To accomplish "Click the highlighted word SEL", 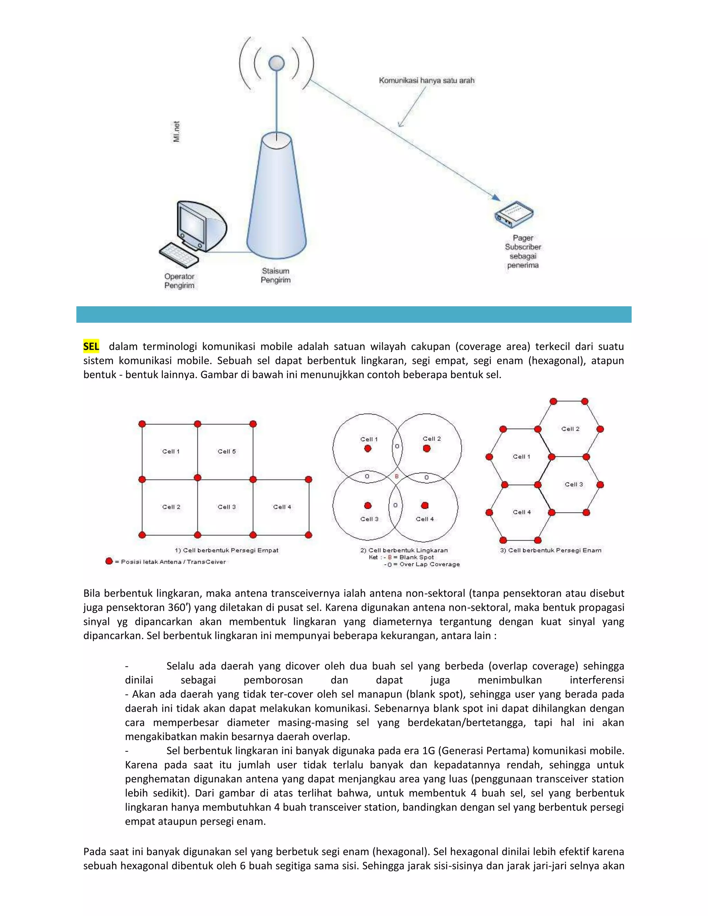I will click(x=91, y=346).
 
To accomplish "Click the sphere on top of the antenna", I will click(x=277, y=63).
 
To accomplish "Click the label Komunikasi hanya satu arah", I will click(x=427, y=80).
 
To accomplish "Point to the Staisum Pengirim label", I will click(x=276, y=275).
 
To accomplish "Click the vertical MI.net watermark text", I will click(x=177, y=131).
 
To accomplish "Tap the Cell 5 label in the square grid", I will click(x=226, y=451).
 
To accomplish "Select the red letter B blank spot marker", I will click(x=397, y=476).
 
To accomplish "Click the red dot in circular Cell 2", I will click(x=427, y=448).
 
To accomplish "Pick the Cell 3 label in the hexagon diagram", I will click(x=574, y=484).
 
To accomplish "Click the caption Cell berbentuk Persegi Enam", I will click(x=550, y=550).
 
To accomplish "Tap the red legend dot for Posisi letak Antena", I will click(x=109, y=561).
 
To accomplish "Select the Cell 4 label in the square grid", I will click(x=282, y=507).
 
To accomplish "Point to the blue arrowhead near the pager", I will click(x=496, y=197).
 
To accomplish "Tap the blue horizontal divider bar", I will click(x=354, y=314).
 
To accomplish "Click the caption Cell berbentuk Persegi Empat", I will click(x=226, y=550).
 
